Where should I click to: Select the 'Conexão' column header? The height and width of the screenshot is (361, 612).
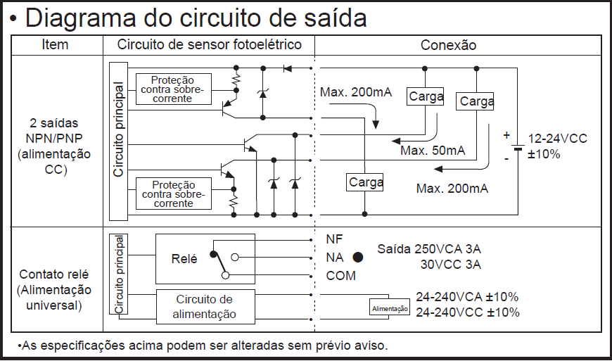[448, 45]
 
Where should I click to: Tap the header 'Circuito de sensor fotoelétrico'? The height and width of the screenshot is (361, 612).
[209, 44]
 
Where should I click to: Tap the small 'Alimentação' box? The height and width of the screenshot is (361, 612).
[389, 308]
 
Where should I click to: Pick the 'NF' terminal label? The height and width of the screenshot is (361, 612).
[334, 239]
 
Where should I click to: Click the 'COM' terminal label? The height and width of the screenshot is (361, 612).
[340, 276]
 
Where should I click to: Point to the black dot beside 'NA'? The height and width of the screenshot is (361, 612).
[358, 258]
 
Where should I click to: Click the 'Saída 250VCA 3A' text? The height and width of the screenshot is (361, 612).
[429, 249]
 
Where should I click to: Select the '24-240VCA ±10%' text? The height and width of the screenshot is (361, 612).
[467, 297]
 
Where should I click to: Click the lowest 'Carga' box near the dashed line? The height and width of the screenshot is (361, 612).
[366, 182]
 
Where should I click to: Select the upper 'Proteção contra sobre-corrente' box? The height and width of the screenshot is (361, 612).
[172, 89]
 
